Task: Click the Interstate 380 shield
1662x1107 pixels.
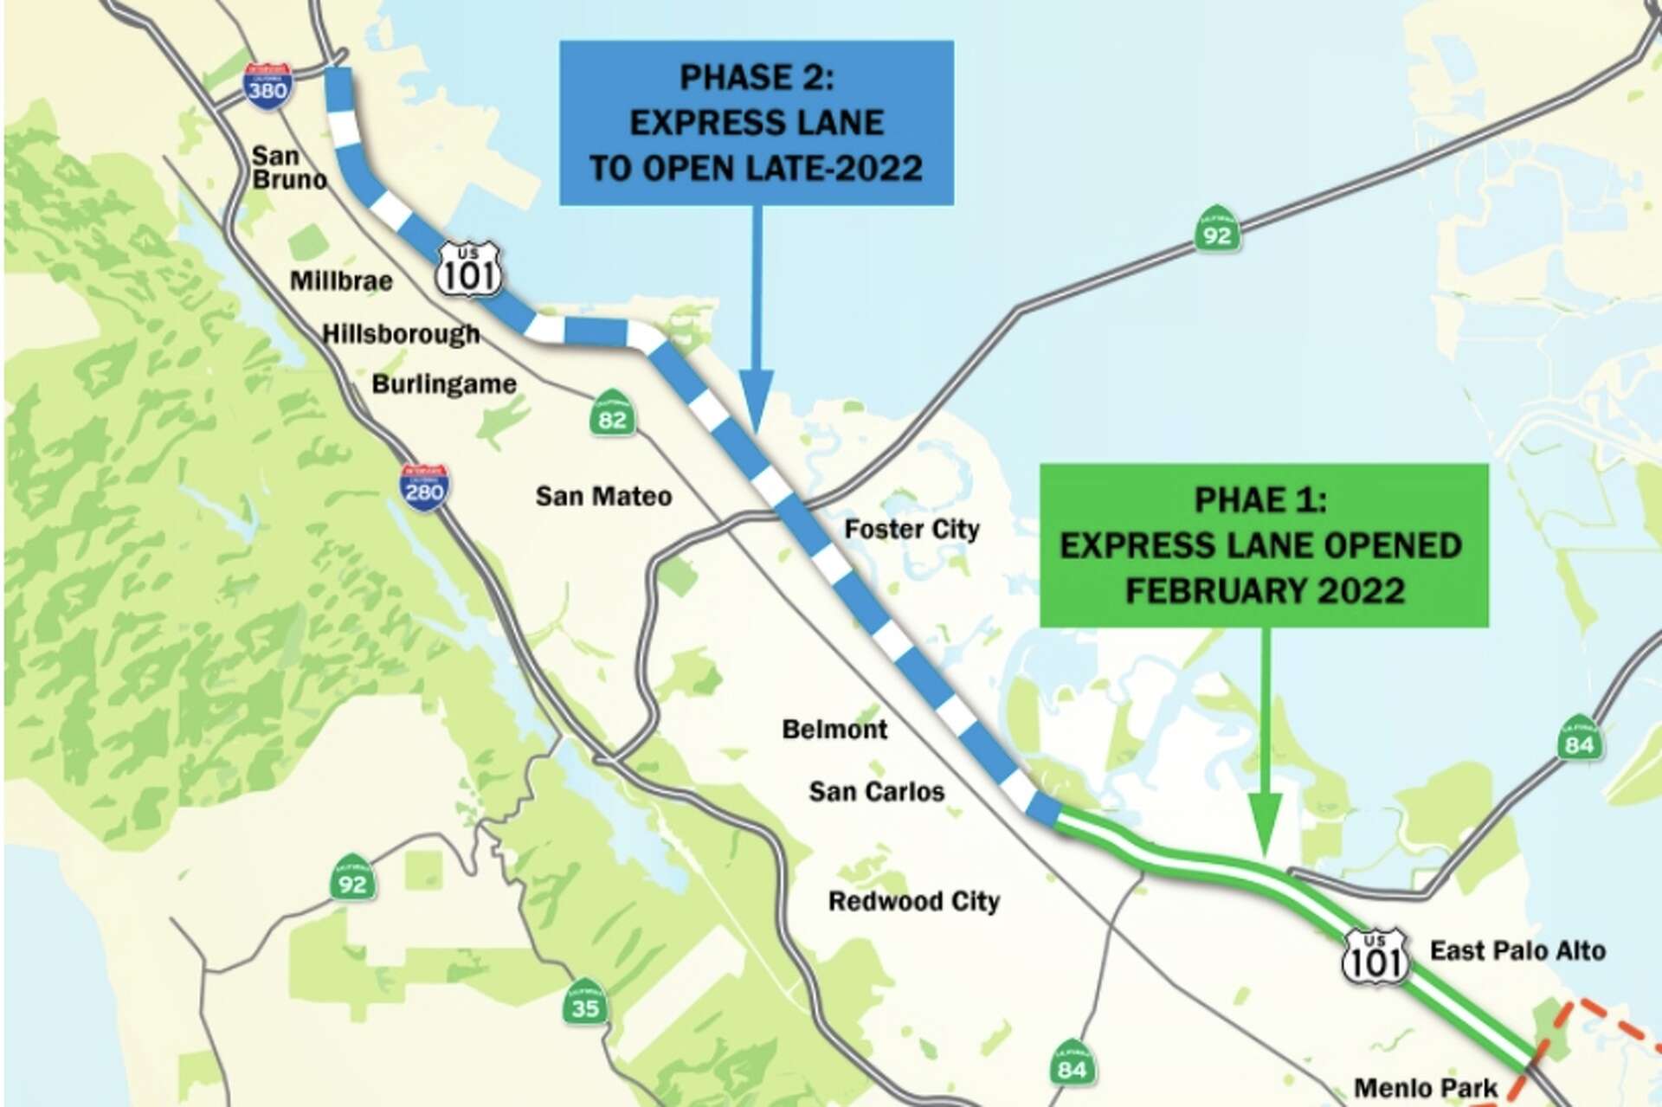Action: click(267, 87)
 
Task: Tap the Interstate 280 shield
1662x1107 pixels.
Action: click(424, 487)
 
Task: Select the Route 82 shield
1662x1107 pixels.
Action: click(612, 414)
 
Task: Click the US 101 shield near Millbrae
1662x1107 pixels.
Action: click(468, 270)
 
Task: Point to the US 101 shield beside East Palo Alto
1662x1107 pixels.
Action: click(1375, 956)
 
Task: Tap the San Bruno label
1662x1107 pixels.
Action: click(289, 168)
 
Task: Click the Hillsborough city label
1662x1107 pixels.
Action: click(401, 334)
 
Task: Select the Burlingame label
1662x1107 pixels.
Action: click(444, 384)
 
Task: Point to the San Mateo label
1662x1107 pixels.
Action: click(603, 497)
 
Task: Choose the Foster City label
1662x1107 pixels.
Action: click(912, 529)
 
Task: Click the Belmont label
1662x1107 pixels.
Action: click(834, 730)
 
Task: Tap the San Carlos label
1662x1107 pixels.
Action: click(876, 792)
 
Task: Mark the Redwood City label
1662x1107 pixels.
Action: click(914, 902)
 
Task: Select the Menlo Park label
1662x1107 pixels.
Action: click(1426, 1088)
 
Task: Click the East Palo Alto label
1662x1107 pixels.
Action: click(1517, 951)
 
